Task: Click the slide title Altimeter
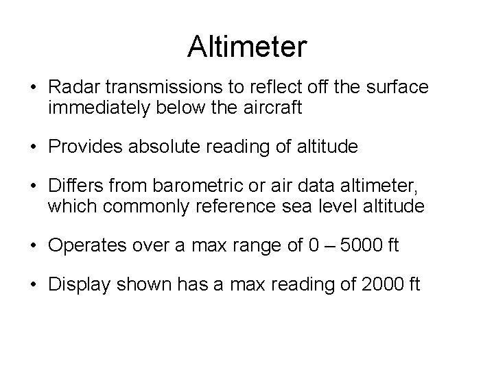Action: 247,47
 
